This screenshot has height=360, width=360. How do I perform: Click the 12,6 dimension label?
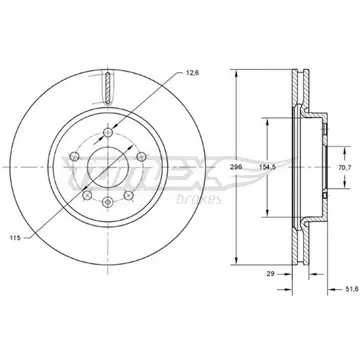point(192,74)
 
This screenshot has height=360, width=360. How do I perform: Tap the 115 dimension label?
point(15,238)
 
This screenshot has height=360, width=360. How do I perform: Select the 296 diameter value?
point(236,167)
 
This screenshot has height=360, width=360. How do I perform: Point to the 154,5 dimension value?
point(267,167)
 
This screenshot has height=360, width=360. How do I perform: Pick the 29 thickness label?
point(270,274)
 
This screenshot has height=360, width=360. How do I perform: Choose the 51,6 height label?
point(352,289)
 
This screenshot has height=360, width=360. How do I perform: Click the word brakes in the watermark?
point(199,200)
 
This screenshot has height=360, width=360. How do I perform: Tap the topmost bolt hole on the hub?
point(108,132)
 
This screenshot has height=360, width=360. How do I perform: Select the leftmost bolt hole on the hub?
point(74,156)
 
